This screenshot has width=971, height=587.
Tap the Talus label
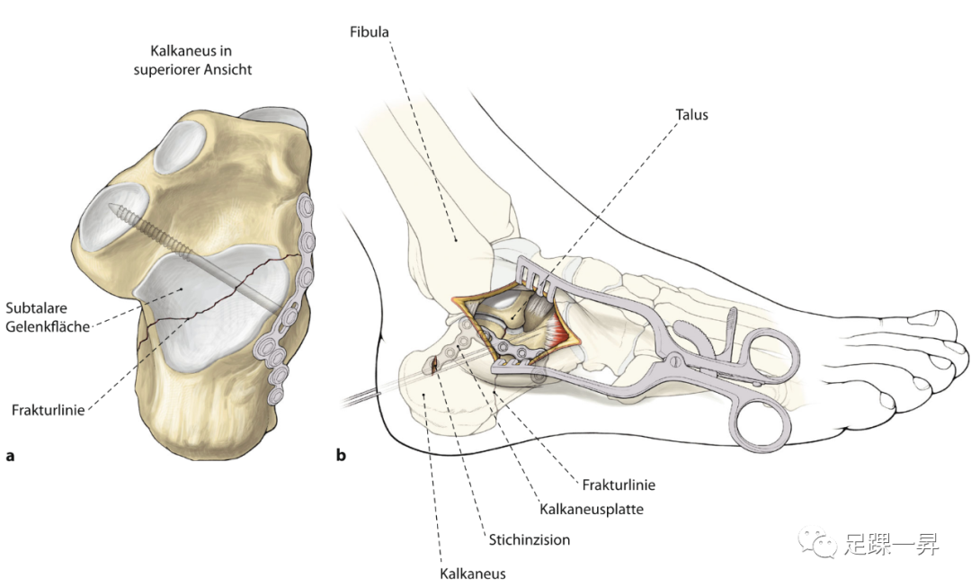(x=691, y=115)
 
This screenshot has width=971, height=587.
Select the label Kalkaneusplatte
(x=592, y=509)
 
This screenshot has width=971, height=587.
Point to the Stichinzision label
(x=530, y=540)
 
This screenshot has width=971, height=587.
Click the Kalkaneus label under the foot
(x=473, y=574)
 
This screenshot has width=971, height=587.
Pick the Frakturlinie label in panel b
(x=619, y=485)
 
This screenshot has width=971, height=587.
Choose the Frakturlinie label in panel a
(x=49, y=409)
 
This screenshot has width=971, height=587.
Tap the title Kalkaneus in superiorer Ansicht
(x=200, y=60)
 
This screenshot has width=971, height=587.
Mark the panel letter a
(x=11, y=456)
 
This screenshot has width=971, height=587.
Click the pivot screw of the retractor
(x=673, y=360)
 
